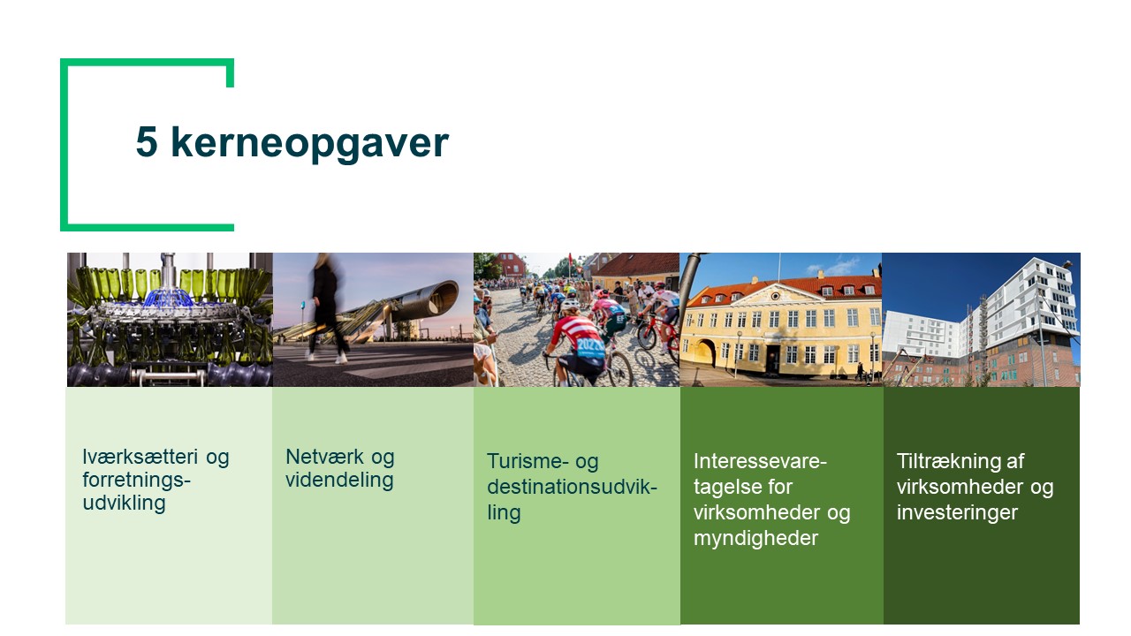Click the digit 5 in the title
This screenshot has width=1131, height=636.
(147, 142)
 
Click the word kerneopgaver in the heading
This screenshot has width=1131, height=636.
(309, 144)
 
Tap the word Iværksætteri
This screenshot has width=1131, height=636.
(140, 457)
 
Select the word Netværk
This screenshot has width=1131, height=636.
(324, 457)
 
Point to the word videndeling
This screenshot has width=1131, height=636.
(339, 480)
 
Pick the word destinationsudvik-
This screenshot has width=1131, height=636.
(572, 487)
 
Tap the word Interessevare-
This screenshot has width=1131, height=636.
(760, 461)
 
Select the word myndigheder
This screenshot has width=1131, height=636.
(755, 539)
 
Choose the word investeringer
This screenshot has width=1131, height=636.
(957, 512)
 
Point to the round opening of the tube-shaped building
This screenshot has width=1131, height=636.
(444, 298)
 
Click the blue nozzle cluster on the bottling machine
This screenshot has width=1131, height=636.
(168, 298)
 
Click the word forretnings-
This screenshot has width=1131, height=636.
(136, 480)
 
